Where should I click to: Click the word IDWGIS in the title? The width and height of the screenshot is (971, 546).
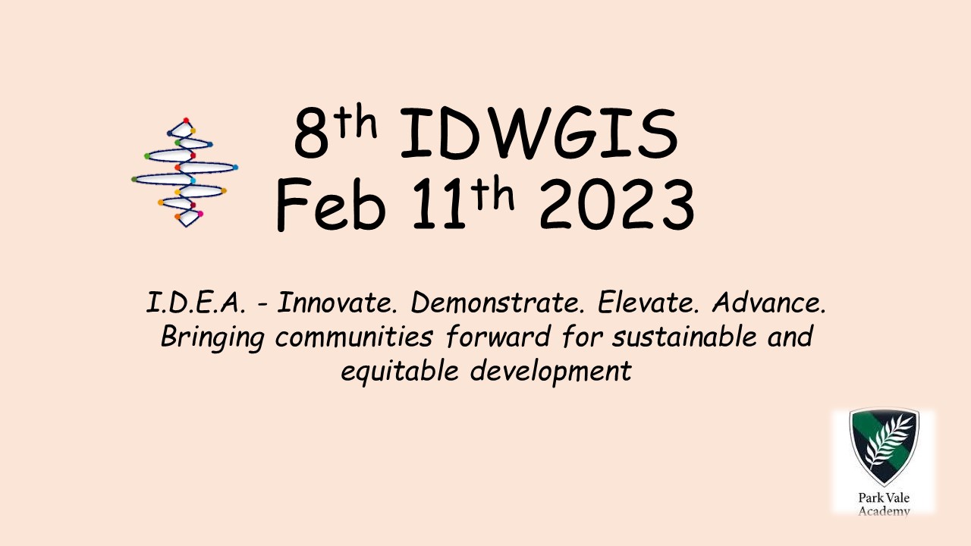point(539,133)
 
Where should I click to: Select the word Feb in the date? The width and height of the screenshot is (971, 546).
point(331,205)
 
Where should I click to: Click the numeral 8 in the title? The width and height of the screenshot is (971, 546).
point(311,133)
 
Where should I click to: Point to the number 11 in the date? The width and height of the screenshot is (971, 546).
point(438,204)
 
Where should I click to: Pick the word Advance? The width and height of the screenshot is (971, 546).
point(769,303)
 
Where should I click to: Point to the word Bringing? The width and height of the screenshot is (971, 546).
point(212,337)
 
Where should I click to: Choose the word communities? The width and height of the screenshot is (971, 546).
point(354,337)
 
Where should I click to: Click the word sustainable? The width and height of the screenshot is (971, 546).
point(684,337)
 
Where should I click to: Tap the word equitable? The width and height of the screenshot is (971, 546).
point(400,372)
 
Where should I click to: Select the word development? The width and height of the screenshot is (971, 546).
point(551,372)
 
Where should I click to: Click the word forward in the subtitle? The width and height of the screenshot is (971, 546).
point(498,337)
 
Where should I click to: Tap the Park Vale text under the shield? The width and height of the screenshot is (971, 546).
point(884,497)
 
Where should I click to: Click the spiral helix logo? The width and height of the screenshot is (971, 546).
point(185,172)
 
